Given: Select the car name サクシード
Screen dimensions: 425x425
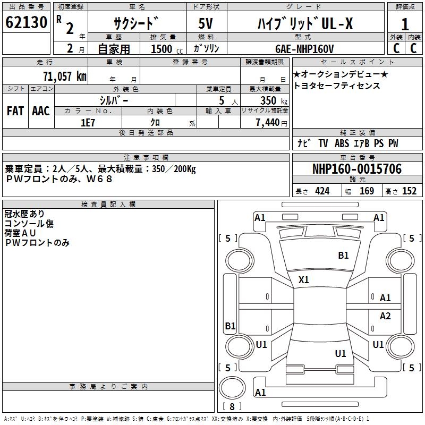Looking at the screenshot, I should [x=136, y=23].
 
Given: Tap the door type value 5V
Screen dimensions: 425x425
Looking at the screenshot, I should [x=206, y=23].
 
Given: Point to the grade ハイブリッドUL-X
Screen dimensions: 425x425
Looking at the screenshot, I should [x=305, y=23].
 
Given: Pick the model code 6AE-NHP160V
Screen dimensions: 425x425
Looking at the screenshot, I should [x=304, y=49].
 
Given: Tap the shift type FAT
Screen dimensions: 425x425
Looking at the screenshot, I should [x=15, y=110].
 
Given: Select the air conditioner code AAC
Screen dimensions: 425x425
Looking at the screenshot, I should [x=40, y=110].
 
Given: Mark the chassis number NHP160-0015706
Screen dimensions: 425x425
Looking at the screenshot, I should [x=356, y=169].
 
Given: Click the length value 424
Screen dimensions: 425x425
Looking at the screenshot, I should [x=322, y=191].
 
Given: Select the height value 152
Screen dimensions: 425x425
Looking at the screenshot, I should [x=409, y=191].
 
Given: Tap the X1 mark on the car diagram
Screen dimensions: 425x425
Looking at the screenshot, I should [x=304, y=279].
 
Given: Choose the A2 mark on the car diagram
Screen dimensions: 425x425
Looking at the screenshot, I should [x=385, y=316].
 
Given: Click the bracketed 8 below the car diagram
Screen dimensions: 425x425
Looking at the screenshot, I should [x=232, y=407].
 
